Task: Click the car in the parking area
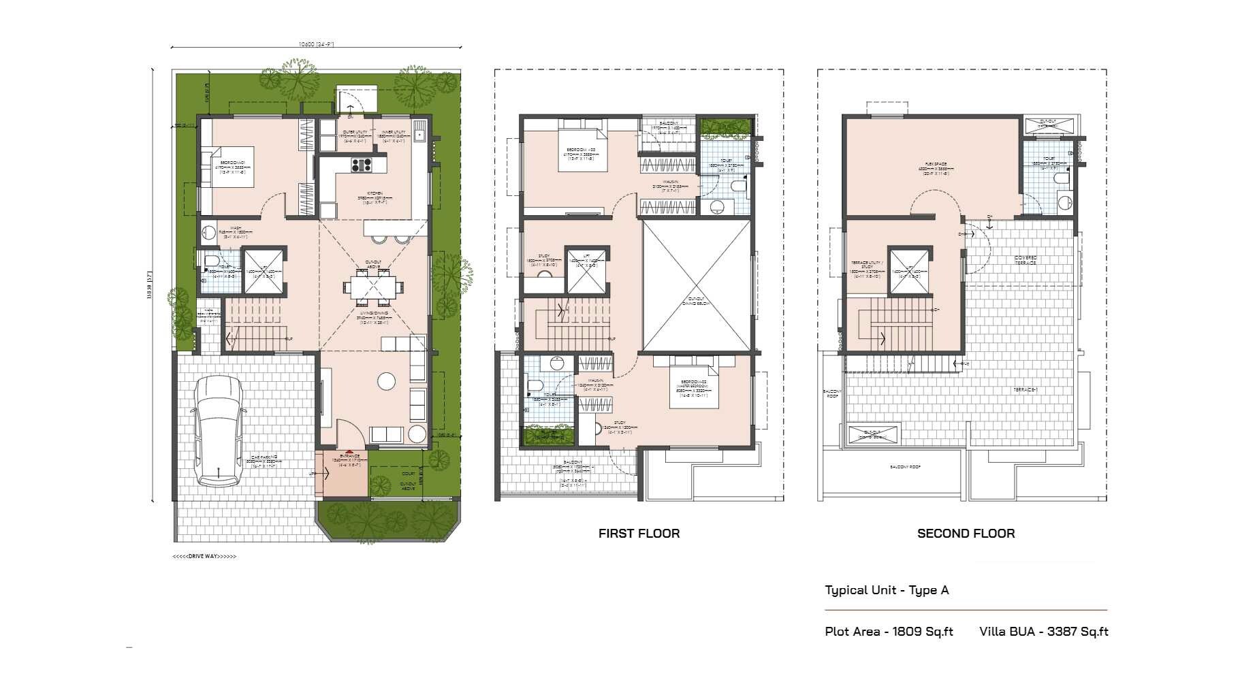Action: tap(219, 431)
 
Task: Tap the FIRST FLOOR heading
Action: tap(639, 534)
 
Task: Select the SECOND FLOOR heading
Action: tap(966, 534)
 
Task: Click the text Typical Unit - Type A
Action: tap(887, 590)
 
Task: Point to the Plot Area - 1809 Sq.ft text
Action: tap(889, 632)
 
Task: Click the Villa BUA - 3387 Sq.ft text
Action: tap(1043, 632)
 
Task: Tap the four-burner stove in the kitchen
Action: tap(361, 164)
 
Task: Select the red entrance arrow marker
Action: tap(349, 452)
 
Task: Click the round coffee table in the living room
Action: tap(387, 381)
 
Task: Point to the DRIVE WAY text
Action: tap(204, 557)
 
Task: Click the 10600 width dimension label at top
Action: tap(316, 44)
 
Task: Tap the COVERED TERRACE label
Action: tap(1026, 260)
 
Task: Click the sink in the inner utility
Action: tap(419, 134)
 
